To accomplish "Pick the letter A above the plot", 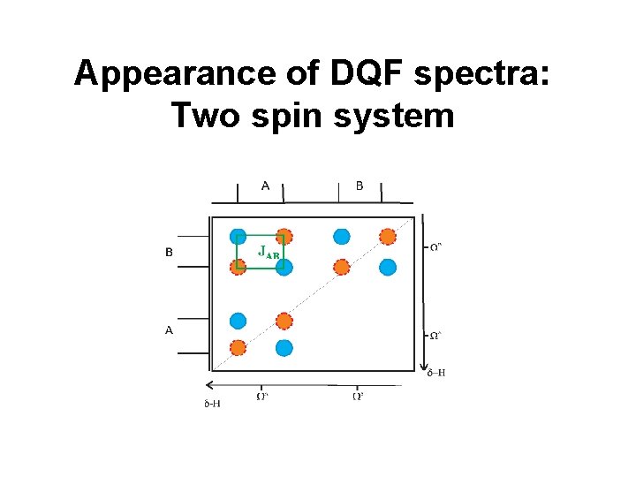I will (266, 185).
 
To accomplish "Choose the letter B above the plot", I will (360, 185).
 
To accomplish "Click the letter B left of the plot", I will (169, 252).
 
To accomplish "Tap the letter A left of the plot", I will (169, 329).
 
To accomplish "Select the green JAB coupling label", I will (269, 251).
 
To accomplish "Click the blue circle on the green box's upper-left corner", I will (238, 236).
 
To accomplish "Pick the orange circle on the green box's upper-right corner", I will (284, 236).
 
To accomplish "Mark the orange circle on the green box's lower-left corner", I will (238, 267).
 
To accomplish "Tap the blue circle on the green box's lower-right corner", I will (284, 267).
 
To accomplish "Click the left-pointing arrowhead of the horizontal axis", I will (208, 385).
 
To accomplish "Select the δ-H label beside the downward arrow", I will (435, 373).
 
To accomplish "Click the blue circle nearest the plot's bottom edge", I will (284, 348).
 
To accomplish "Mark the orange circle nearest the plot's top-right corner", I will (387, 236).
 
